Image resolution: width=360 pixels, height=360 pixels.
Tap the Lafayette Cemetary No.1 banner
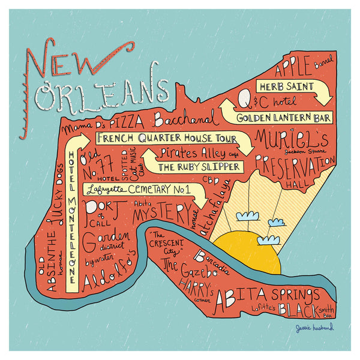point(138,190)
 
